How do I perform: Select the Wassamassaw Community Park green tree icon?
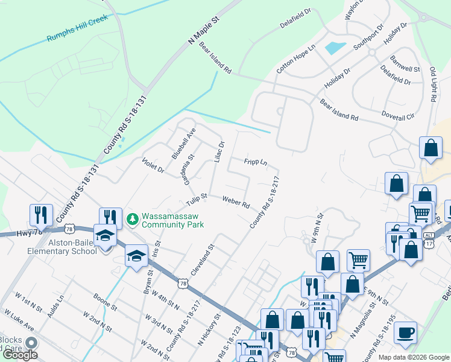tap(132, 219)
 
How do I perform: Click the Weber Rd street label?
tap(236, 202)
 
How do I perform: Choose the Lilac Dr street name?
tap(219, 151)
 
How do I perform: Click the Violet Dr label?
tap(153, 166)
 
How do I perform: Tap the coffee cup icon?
tap(407, 332)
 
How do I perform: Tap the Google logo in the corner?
tap(20, 355)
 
